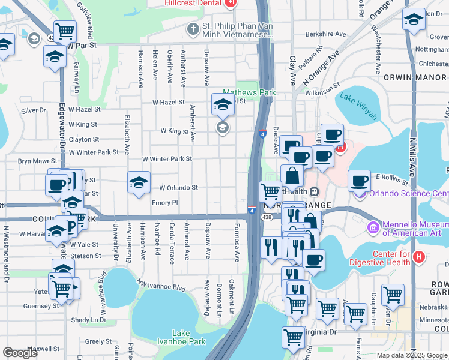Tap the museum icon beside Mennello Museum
[372, 227]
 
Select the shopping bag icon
[292, 177]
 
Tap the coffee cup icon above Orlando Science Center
[359, 180]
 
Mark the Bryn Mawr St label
[37, 161]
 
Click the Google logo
[20, 353]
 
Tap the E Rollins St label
[391, 177]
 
